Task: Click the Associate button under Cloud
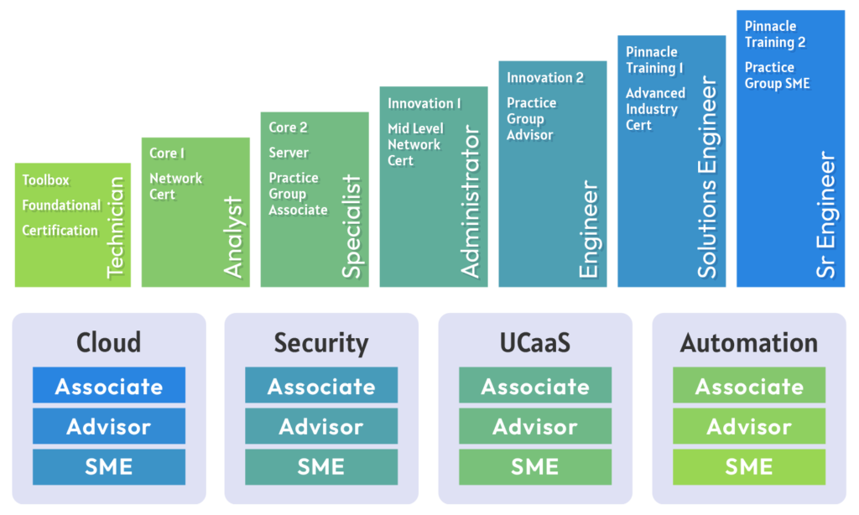coord(109,386)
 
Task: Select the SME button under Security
coord(321,466)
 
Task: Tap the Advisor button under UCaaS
coord(535,426)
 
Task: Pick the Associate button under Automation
coord(749,386)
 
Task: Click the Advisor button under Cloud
coord(109,426)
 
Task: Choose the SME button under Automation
coord(749,466)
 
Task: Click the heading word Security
coord(321,343)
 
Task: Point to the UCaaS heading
coord(535,343)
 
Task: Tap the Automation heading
coord(749,343)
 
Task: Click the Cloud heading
coord(109,343)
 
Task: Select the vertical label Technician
coord(116,227)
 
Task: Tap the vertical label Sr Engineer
coord(827,215)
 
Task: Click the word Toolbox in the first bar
coord(46,180)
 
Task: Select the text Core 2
coord(288,127)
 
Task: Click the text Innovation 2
coord(545,77)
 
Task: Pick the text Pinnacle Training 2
coord(775,34)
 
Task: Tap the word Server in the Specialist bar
coord(289,153)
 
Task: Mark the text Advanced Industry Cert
coord(655,109)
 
